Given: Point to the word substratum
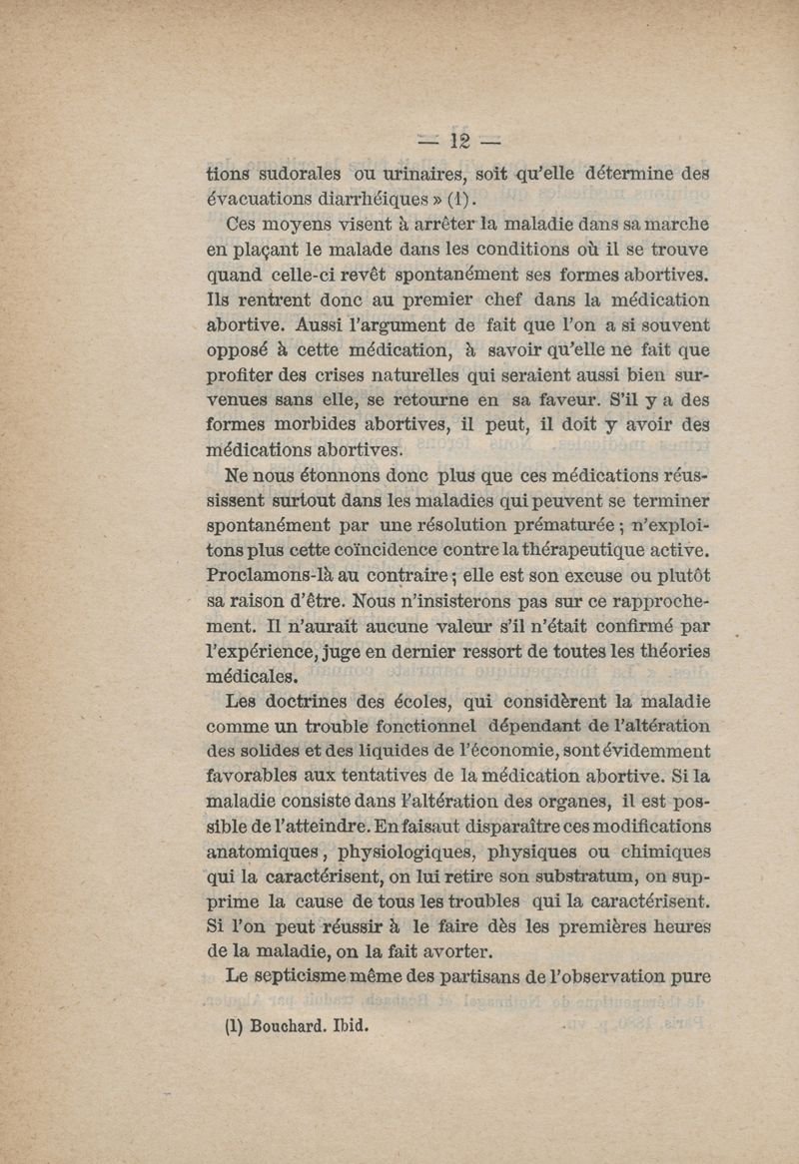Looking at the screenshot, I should tap(551, 879).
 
